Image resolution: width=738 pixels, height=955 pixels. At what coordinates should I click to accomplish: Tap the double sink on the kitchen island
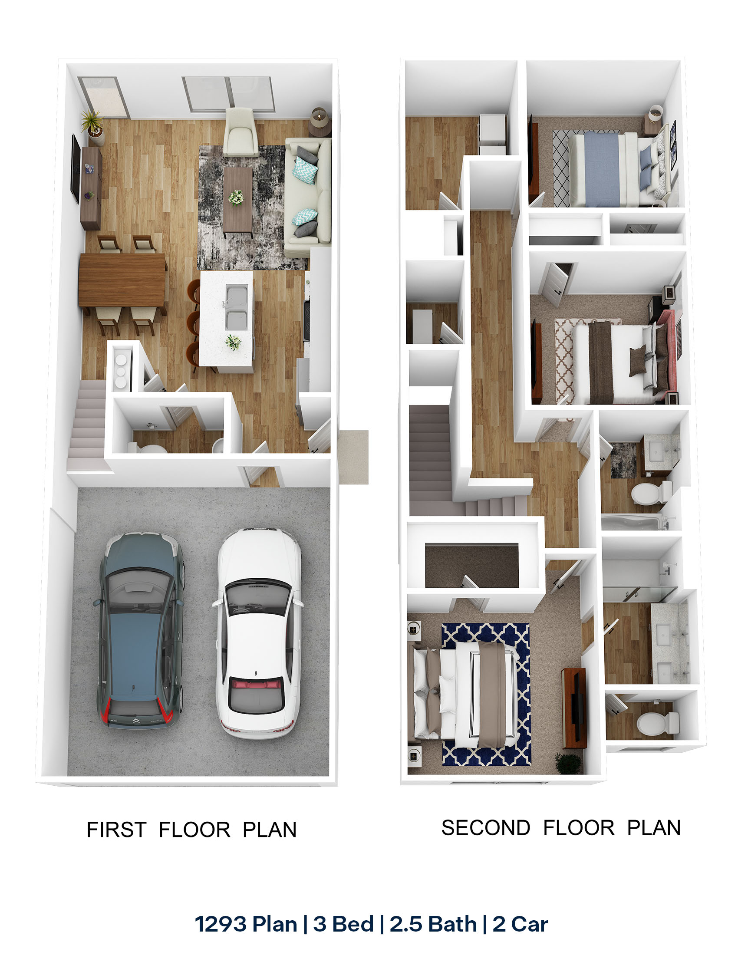(237, 306)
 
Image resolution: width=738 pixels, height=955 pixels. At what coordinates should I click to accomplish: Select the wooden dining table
(123, 280)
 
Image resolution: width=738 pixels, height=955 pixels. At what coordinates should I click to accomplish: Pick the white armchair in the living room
(240, 132)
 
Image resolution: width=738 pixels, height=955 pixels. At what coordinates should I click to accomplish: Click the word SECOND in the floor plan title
(485, 828)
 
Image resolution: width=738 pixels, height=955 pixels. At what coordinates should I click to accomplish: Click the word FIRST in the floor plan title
(116, 830)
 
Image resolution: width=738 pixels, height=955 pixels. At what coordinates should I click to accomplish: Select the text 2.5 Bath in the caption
(433, 924)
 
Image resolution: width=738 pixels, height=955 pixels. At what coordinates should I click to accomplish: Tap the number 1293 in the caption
(221, 924)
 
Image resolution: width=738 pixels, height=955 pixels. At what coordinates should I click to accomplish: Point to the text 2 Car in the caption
(520, 924)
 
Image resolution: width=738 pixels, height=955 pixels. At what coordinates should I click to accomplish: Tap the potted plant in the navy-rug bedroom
(569, 763)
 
